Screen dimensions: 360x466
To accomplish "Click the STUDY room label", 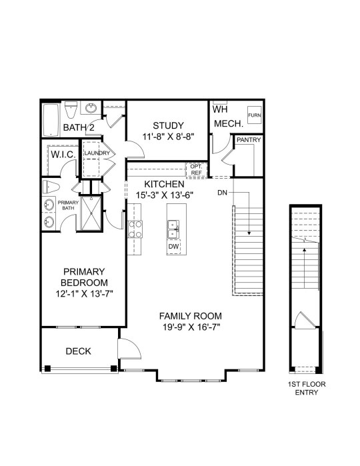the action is (168, 125).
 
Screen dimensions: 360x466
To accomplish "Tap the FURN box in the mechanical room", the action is (255, 115).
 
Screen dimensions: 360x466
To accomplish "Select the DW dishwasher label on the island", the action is (173, 247).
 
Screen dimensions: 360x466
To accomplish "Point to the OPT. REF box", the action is (196, 170).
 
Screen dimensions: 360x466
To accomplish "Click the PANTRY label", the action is (249, 140).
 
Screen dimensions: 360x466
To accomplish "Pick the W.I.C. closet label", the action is (63, 155).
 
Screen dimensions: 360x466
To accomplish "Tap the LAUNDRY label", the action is (97, 153).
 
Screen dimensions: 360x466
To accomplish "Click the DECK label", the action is (78, 351).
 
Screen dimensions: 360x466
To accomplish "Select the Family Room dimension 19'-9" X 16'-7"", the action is (191, 327).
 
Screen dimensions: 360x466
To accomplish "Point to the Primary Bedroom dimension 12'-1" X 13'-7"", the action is (85, 294).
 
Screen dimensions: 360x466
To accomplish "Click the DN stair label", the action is (222, 193).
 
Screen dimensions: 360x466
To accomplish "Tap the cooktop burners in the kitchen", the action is (135, 229).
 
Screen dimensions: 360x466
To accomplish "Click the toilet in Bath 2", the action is (71, 109).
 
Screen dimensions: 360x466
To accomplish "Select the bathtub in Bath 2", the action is (51, 120).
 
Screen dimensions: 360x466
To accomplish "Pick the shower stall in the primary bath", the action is (91, 213).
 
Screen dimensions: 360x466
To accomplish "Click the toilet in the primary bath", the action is (51, 187).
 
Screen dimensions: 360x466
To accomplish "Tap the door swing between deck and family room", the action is (129, 348).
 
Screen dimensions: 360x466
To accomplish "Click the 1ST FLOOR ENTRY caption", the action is (307, 388).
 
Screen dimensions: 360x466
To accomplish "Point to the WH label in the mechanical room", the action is (220, 109).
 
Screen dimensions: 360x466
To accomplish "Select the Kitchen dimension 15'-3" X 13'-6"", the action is (165, 195).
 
